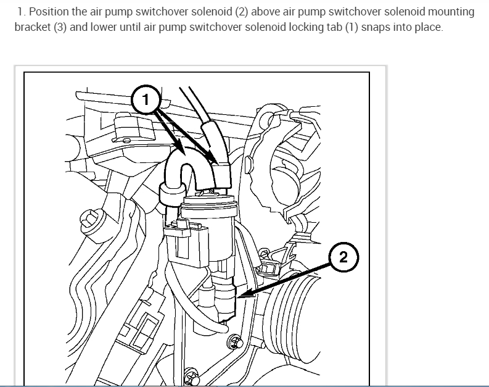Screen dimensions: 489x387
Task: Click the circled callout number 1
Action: click(146, 100)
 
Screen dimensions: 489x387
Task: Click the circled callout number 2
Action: click(343, 257)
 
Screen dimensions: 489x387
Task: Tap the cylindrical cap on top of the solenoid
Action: click(210, 206)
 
